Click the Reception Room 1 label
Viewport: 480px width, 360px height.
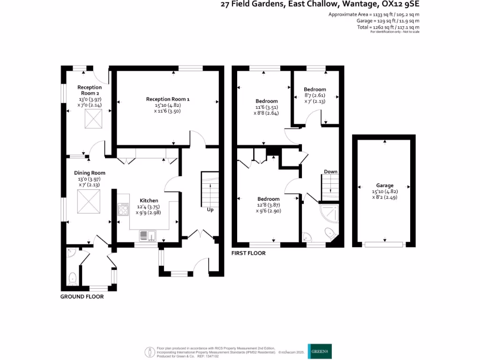(x=168, y=99)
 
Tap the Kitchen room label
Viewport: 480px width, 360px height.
(x=149, y=201)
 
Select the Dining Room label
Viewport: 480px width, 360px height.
(x=90, y=173)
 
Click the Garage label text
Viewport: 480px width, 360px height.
(x=384, y=185)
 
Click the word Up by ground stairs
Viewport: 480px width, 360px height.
(x=210, y=210)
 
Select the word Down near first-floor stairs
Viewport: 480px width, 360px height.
(x=330, y=172)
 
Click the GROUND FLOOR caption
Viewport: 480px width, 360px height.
(x=82, y=297)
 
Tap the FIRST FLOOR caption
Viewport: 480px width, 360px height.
(x=248, y=253)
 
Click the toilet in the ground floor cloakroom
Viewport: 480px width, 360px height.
(x=73, y=279)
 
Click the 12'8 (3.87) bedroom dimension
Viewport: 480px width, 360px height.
(x=268, y=205)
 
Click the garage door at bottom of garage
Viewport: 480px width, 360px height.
(x=384, y=244)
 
